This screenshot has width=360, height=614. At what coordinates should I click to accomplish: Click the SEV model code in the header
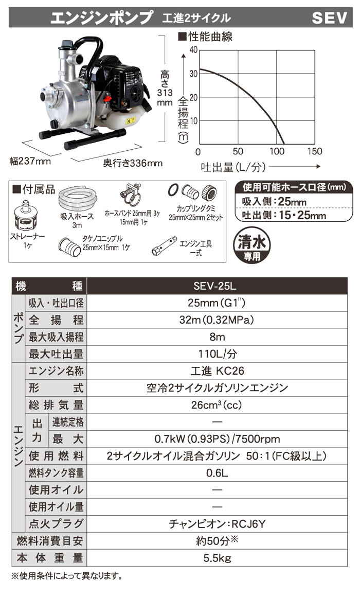tap(330, 19)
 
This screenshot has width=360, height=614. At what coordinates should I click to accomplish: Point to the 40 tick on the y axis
tap(193, 50)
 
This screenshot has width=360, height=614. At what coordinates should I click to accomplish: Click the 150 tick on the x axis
tap(314, 151)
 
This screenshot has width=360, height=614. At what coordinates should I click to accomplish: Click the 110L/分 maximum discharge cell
tap(222, 354)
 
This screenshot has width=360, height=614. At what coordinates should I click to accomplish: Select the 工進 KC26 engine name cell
tap(222, 371)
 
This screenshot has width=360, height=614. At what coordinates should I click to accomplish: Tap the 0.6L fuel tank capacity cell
tap(222, 472)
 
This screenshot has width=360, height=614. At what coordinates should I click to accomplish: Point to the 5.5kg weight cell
tap(222, 557)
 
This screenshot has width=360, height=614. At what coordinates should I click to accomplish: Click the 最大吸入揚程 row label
tap(57, 337)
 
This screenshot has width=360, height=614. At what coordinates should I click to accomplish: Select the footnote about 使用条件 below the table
tap(67, 575)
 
